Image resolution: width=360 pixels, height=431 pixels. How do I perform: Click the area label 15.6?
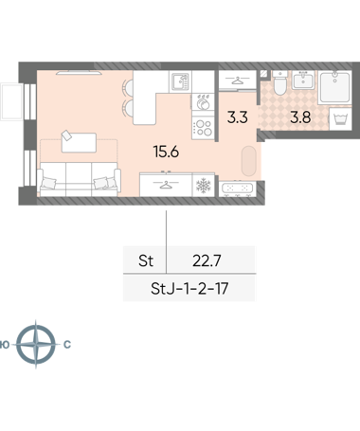pos(166,152)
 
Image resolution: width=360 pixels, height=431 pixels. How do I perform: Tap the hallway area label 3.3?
pos(238,117)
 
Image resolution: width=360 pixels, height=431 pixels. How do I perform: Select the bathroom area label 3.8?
pos(300,117)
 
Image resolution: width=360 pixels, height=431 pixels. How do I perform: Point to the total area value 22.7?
pos(207,260)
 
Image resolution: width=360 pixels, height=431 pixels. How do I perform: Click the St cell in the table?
pos(146,260)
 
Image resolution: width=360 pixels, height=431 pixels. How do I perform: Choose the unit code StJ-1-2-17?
pos(189,289)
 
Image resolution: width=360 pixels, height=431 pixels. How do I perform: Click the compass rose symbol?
pos(36,344)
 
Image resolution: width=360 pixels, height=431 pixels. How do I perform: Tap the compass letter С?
pos(67,345)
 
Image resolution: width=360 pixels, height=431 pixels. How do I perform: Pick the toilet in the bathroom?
pos(279,83)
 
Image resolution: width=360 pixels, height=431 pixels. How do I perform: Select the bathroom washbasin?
pos(303,80)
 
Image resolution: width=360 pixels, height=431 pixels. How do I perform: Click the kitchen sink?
pos(180,81)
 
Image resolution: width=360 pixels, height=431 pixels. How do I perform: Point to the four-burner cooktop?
pos(203,128)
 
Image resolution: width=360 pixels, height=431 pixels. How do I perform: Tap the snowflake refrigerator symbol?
pos(204,186)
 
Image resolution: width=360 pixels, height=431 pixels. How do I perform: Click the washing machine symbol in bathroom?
pos(340,118)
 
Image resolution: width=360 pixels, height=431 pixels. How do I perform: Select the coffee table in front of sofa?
pos(79,143)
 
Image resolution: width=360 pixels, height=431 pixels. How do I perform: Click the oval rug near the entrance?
pos(249,161)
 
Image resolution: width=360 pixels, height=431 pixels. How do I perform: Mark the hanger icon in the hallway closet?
pos(237,81)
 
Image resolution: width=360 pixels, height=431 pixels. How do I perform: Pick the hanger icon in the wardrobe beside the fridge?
pos(166,185)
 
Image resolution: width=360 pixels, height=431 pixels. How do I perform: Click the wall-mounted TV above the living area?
pos(79,73)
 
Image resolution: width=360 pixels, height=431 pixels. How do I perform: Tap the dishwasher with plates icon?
pos(204,101)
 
